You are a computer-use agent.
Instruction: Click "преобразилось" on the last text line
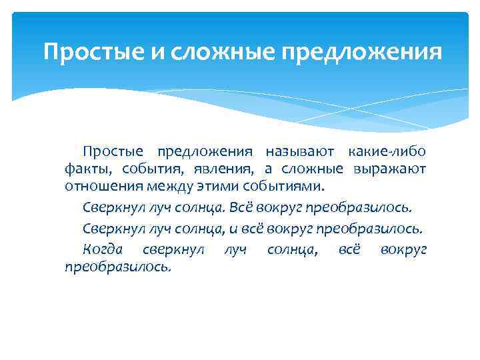[117, 266]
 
